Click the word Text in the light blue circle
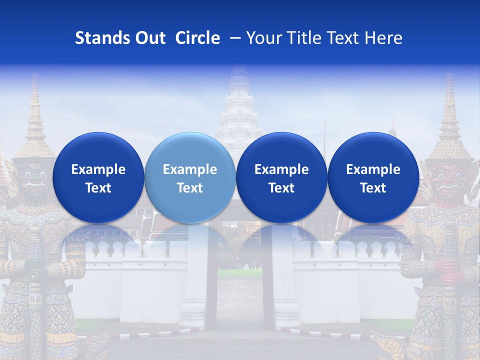pos(190,188)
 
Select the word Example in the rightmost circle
pos(373,169)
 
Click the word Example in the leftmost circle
pos(98,169)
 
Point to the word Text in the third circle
pos(281,188)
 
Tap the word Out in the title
pos(148,38)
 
